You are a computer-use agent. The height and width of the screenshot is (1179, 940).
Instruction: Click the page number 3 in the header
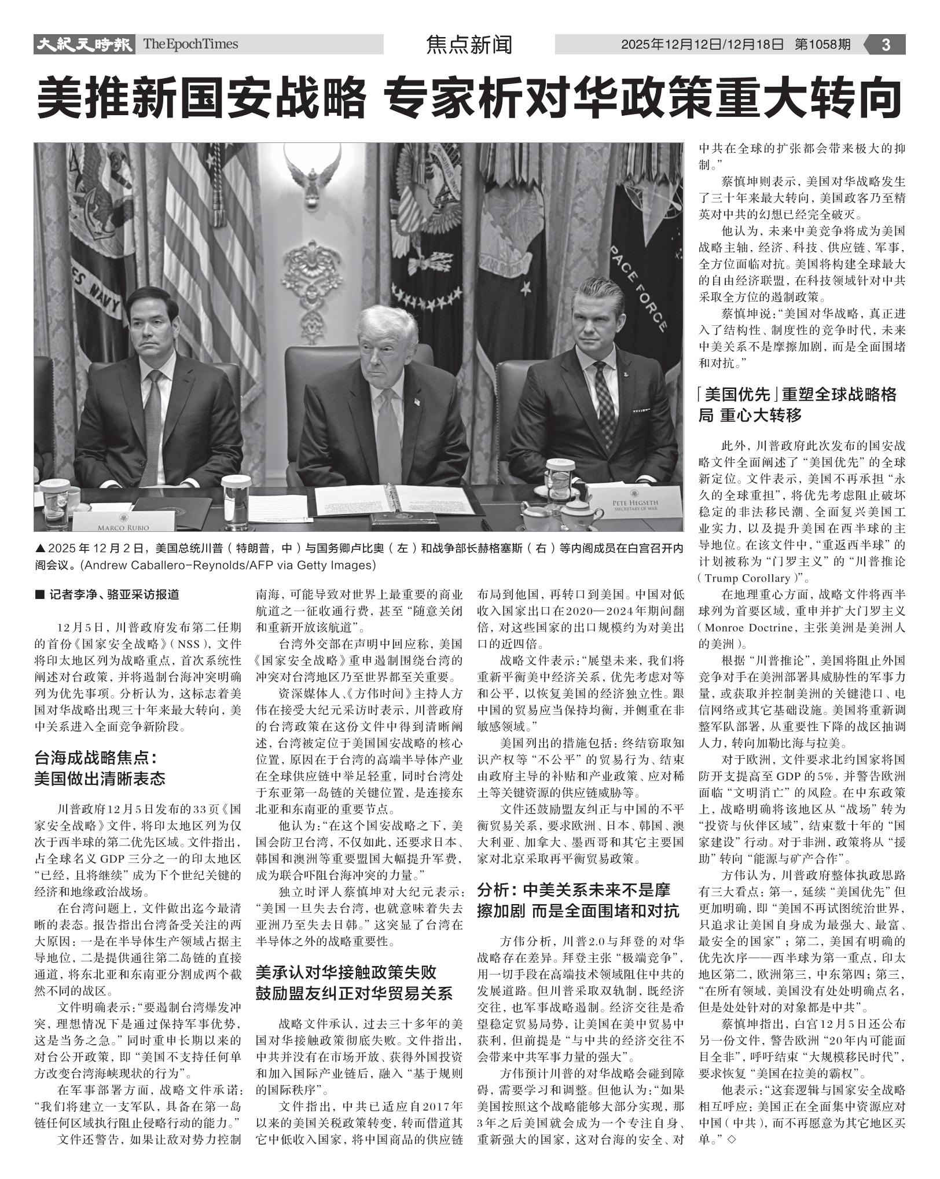pyautogui.click(x=886, y=45)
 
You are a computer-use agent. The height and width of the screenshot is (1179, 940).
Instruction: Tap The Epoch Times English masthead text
pyautogui.click(x=190, y=44)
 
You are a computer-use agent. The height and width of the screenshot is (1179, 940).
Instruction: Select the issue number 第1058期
pyautogui.click(x=822, y=45)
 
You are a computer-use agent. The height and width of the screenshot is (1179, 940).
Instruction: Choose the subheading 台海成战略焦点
pyautogui.click(x=96, y=757)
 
